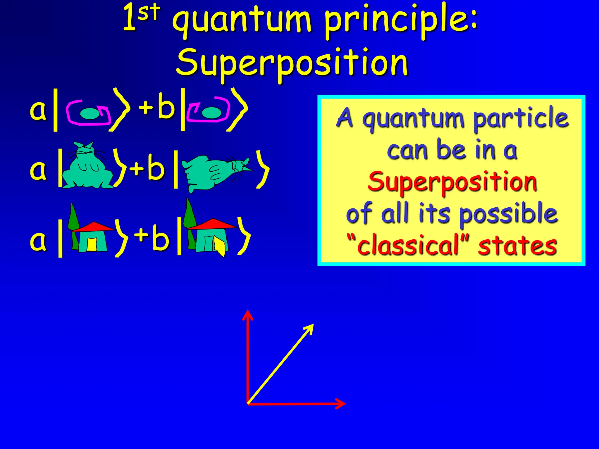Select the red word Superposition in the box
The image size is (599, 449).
click(452, 182)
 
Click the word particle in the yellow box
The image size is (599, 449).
click(521, 118)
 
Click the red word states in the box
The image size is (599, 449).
click(517, 246)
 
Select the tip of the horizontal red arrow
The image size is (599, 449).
click(344, 404)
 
